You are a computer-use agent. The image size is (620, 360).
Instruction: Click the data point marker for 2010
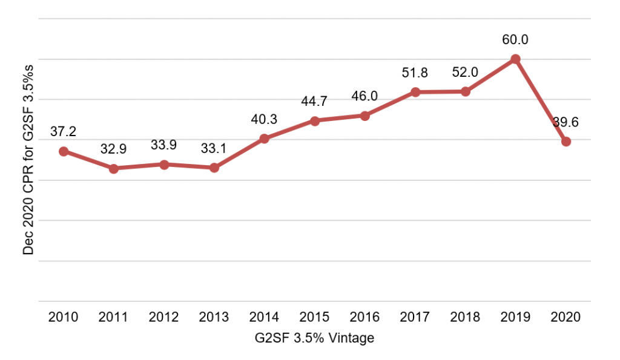(63, 151)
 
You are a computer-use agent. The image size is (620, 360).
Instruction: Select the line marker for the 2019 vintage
(515, 59)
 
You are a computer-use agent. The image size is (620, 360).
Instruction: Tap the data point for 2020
(566, 142)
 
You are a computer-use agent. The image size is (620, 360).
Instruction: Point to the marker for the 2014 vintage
(264, 139)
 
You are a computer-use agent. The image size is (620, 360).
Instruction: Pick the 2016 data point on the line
(365, 116)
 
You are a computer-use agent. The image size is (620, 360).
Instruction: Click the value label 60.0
(515, 40)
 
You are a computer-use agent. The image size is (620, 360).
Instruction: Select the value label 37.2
(63, 132)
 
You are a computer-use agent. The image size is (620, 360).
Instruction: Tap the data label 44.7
(314, 101)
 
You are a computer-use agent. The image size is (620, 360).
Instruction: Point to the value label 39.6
(566, 122)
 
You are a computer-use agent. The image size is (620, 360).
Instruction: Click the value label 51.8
(415, 73)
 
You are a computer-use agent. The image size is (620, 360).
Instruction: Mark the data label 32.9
(113, 149)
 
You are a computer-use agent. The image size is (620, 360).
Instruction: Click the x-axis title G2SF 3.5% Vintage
(314, 338)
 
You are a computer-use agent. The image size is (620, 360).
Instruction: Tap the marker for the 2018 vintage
(465, 91)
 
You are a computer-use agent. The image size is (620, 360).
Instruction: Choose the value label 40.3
(264, 119)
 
